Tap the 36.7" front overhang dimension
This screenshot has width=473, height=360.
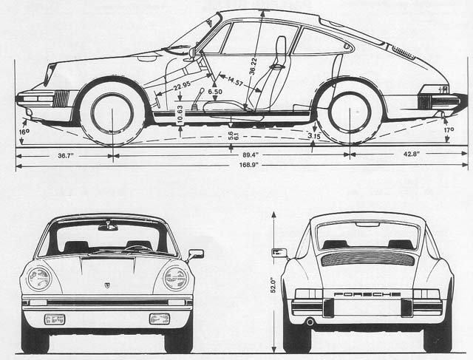(65, 154)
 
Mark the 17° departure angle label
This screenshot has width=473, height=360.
(448, 130)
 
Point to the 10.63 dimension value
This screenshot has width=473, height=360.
(180, 113)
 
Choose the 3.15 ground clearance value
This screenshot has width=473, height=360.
(313, 135)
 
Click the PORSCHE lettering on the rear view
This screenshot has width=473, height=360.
(367, 293)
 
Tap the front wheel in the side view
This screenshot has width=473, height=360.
(112, 112)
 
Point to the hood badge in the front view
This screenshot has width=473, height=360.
(108, 285)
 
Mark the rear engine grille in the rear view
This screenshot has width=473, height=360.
(367, 258)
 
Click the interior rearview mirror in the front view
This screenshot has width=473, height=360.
(108, 226)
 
